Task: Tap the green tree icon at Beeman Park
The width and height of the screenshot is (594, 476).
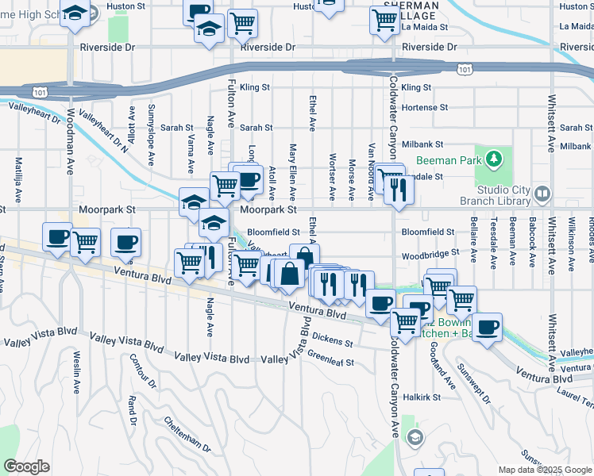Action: (x=494, y=159)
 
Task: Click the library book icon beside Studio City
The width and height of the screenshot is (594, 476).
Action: (x=542, y=193)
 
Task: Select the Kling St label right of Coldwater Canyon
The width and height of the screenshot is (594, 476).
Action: (x=416, y=87)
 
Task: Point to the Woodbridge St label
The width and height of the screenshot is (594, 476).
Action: (x=430, y=255)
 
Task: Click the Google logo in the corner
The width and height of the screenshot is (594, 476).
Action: (x=26, y=466)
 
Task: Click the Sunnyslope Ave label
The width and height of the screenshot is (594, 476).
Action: (x=151, y=135)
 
